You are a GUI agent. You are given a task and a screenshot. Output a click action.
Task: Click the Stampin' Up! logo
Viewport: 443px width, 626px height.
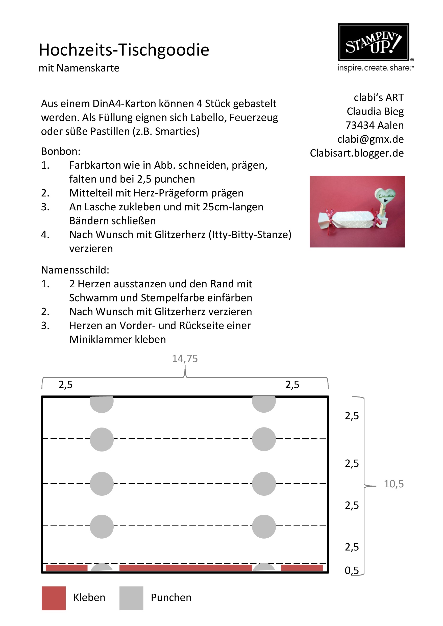[x=373, y=42]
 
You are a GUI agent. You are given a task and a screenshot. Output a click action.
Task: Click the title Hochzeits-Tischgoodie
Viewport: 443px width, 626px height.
[x=124, y=50]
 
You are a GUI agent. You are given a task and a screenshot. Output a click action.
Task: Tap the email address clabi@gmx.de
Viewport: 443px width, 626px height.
[x=370, y=139]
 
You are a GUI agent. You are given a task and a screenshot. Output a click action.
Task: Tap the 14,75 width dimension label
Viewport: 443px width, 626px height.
[x=185, y=359]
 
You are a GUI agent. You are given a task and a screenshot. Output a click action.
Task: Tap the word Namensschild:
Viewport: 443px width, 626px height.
[x=75, y=270]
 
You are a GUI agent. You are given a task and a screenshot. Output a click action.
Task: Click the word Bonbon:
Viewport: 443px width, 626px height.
[x=61, y=151]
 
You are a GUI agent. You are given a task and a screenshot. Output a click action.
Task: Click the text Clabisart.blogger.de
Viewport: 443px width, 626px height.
[x=357, y=153]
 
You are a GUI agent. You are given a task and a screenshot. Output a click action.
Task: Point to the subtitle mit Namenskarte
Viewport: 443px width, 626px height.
[x=79, y=68]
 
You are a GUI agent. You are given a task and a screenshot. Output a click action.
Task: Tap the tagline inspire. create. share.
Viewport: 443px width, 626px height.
[x=375, y=68]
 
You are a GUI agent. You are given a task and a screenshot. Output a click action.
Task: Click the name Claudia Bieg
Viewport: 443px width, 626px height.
[x=375, y=111]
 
